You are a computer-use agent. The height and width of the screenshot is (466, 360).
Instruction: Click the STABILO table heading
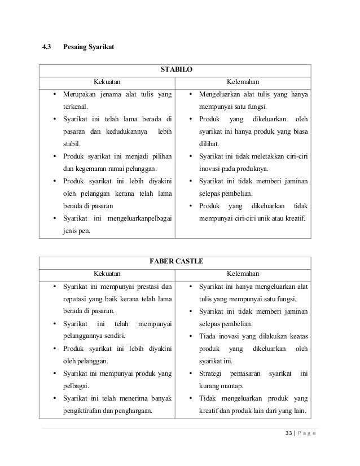[x=175, y=71]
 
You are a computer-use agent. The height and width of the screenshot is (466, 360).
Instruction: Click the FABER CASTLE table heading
[x=175, y=262]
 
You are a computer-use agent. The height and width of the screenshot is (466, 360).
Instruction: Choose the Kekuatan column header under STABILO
[x=107, y=82]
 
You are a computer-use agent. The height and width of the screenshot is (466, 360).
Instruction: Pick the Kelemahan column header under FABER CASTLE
[x=243, y=274]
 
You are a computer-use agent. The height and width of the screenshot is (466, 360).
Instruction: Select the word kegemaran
[x=93, y=169]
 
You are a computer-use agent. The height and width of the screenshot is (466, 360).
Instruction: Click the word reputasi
[x=76, y=298]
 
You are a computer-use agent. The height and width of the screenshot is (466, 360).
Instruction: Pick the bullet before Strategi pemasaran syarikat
[x=191, y=373]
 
